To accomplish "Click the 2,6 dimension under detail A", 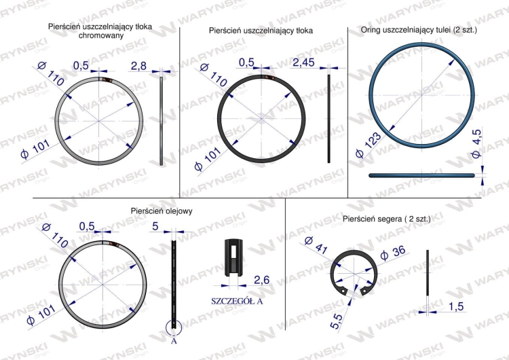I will (262, 279).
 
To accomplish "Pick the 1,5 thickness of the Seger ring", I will (456, 307).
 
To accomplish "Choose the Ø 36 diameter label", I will (394, 252).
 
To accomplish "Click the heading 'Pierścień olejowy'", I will (162, 211).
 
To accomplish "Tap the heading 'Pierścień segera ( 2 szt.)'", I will (386, 219).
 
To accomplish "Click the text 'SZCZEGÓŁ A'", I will (237, 300).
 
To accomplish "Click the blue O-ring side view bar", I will (421, 175).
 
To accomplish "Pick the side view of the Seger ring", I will (428, 278).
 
